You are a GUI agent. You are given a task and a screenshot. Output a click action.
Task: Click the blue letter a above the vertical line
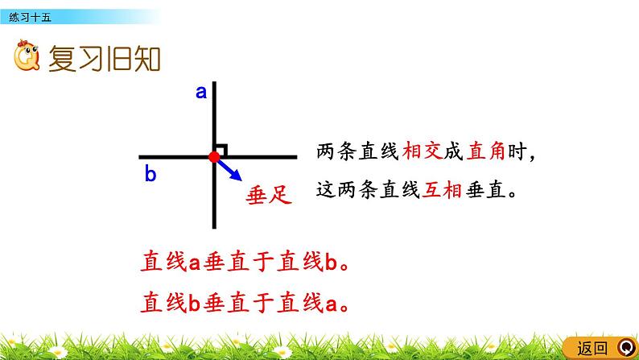pyautogui.click(x=201, y=93)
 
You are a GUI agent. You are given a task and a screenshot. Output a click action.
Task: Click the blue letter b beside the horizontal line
pyautogui.click(x=150, y=173)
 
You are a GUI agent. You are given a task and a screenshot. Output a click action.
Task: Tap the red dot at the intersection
pyautogui.click(x=214, y=157)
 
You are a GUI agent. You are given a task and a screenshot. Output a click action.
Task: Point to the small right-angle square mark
pyautogui.click(x=221, y=150)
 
